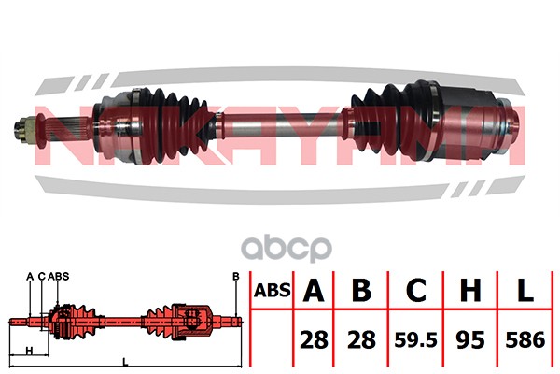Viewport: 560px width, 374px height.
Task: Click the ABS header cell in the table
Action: tap(273, 290)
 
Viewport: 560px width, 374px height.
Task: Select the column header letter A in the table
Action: tap(314, 290)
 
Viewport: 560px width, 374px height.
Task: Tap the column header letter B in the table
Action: tap(361, 290)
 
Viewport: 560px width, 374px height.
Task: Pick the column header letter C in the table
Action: tap(416, 290)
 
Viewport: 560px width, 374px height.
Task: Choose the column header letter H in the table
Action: tap(470, 290)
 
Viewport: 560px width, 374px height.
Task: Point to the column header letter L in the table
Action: tap(525, 290)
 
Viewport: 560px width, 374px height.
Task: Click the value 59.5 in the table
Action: tap(415, 339)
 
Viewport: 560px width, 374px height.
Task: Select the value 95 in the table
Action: tap(470, 339)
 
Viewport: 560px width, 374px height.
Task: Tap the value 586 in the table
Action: tap(525, 339)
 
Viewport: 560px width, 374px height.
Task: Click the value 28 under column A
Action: tap(314, 339)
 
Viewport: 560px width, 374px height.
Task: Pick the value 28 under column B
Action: tap(361, 339)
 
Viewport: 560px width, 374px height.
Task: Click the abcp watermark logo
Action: tap(287, 249)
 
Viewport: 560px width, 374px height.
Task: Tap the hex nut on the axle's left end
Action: tap(24, 130)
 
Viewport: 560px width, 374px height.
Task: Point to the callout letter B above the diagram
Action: tap(236, 277)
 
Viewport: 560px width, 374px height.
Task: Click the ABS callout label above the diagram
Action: tap(58, 277)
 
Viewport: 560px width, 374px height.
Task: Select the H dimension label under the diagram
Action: tap(29, 351)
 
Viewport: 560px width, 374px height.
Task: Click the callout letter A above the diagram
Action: tap(30, 277)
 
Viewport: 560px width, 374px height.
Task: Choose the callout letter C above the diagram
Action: tap(42, 277)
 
